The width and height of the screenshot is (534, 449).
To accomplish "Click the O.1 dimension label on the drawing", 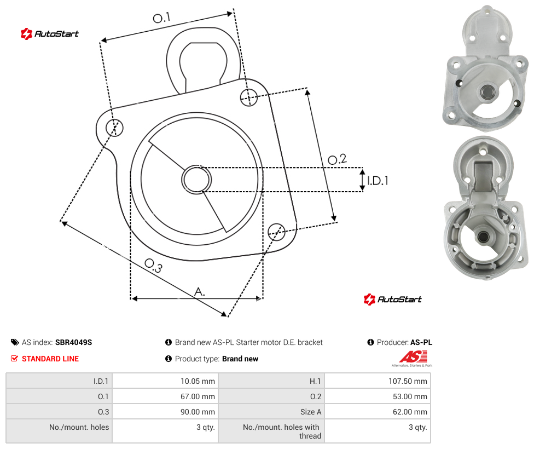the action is (x=161, y=18).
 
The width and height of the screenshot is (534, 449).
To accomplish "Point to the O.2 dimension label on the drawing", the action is (x=337, y=159).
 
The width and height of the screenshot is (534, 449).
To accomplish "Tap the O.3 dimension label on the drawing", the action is (x=154, y=266).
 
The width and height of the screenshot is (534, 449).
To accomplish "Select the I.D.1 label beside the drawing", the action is (x=378, y=180).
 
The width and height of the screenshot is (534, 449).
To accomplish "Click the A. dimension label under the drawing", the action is (x=200, y=291).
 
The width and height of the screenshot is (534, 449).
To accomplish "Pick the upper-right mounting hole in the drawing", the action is (x=249, y=97).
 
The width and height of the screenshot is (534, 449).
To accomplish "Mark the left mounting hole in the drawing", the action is (x=114, y=128).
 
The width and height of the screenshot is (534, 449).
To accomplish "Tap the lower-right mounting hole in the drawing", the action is (x=276, y=232).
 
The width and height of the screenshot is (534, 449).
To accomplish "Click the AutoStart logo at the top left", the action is (x=50, y=34).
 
